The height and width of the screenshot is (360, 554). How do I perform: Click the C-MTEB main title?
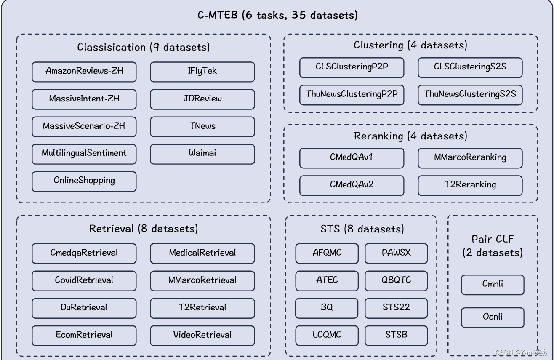(x=277, y=16)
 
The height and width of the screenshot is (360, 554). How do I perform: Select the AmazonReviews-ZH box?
(x=84, y=71)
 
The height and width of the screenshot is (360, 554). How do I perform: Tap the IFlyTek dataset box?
(x=202, y=71)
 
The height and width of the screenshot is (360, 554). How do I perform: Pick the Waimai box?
(x=202, y=153)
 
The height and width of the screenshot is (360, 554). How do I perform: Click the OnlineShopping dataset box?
(x=84, y=181)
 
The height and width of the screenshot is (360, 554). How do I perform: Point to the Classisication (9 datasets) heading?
(x=143, y=47)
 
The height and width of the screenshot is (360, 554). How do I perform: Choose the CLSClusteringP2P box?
(x=352, y=67)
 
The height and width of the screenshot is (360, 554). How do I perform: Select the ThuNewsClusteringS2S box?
(x=470, y=94)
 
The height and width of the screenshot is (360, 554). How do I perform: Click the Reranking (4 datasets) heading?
(x=410, y=136)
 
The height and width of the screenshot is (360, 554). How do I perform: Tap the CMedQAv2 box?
(x=352, y=185)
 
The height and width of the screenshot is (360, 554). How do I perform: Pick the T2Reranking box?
(x=470, y=185)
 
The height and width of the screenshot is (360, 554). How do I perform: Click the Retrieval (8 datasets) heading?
(x=143, y=229)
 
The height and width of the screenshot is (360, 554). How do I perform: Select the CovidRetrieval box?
(x=84, y=280)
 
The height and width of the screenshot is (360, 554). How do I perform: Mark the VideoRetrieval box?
(x=202, y=335)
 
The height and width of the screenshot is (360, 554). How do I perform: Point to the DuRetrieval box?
(x=84, y=308)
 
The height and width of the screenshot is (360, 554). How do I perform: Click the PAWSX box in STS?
(x=396, y=253)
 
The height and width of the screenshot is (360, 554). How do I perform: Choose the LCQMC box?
(x=327, y=335)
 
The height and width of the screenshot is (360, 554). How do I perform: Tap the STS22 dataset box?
(x=396, y=308)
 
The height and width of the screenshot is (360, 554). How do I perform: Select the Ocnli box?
(x=493, y=317)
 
